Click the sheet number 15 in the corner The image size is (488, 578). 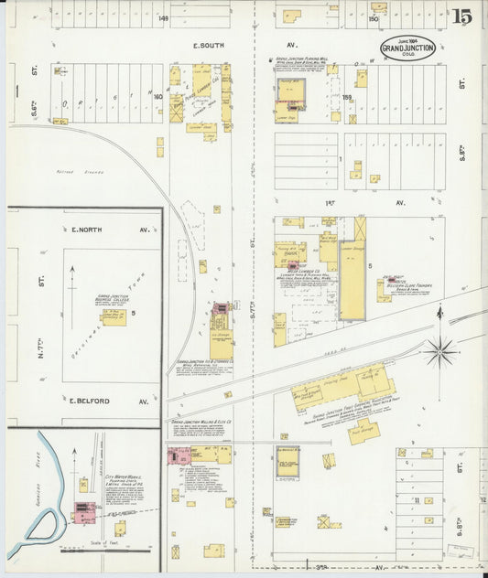point(461,16)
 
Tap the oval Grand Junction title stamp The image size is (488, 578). point(408,48)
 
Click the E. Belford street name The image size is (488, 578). point(90,401)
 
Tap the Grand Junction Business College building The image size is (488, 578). point(113,316)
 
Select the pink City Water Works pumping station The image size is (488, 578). point(83,509)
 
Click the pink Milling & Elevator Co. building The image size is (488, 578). point(179,455)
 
